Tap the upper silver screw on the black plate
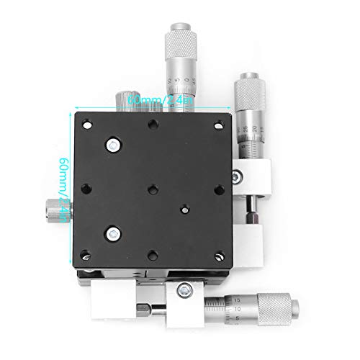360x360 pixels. (x=114, y=145)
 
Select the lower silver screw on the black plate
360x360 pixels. (x=113, y=233)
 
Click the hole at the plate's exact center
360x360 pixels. (x=152, y=189)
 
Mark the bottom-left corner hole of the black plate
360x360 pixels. (x=86, y=253)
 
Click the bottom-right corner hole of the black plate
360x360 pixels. (x=217, y=253)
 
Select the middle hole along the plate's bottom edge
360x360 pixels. (x=152, y=253)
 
